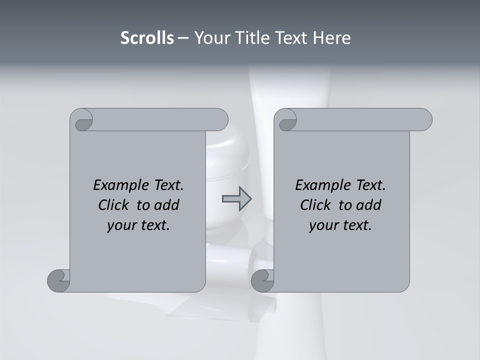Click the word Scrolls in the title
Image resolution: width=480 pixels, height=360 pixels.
(147, 38)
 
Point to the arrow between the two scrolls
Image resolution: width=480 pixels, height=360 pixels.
(236, 199)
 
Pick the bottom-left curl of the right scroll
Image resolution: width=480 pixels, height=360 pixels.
(263, 280)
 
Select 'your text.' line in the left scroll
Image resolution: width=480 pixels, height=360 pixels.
(138, 225)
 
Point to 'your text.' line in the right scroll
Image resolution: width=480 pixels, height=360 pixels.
(340, 225)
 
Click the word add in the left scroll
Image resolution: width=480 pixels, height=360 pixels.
(167, 205)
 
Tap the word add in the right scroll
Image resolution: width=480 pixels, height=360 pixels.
(369, 205)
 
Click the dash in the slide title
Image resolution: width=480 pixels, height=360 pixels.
(183, 38)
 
